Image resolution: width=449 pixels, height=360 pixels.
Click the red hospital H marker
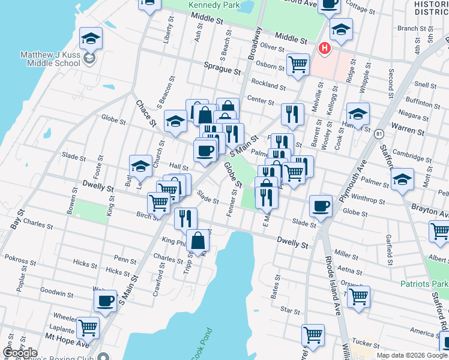pos(325,48)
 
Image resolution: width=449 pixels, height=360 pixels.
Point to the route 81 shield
pos(379,134)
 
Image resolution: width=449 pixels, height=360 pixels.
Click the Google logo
pos(20,353)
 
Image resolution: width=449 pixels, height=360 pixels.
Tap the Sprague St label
pos(221,70)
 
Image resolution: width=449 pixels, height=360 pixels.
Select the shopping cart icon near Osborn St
pos(298,63)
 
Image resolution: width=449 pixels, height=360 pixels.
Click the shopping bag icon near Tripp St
pos(198,240)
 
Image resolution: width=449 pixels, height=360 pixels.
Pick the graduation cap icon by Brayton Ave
pos(402,179)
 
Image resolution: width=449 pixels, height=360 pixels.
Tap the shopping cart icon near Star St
pos(358,296)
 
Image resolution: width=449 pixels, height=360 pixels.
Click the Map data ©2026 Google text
pos(412,355)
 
